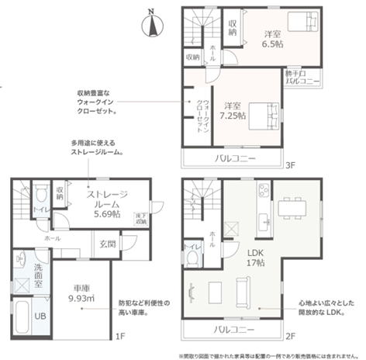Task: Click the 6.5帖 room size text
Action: pos(271,40)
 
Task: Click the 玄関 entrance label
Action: pos(106,244)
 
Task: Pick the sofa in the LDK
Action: pos(237,292)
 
